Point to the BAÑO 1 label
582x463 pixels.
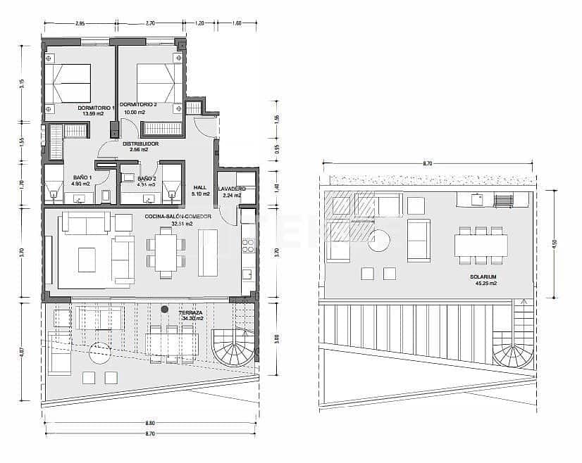(x=83, y=178)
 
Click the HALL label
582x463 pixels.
(x=200, y=187)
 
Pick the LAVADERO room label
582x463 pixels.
(x=231, y=189)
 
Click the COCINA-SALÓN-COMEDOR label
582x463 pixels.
(x=178, y=216)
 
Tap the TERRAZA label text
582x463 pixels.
(x=192, y=312)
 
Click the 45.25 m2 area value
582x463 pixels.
(x=484, y=284)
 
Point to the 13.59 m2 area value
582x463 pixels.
(x=93, y=113)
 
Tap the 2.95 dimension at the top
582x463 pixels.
(x=80, y=24)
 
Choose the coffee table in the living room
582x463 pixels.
(x=87, y=260)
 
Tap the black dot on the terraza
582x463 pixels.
(x=164, y=310)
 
